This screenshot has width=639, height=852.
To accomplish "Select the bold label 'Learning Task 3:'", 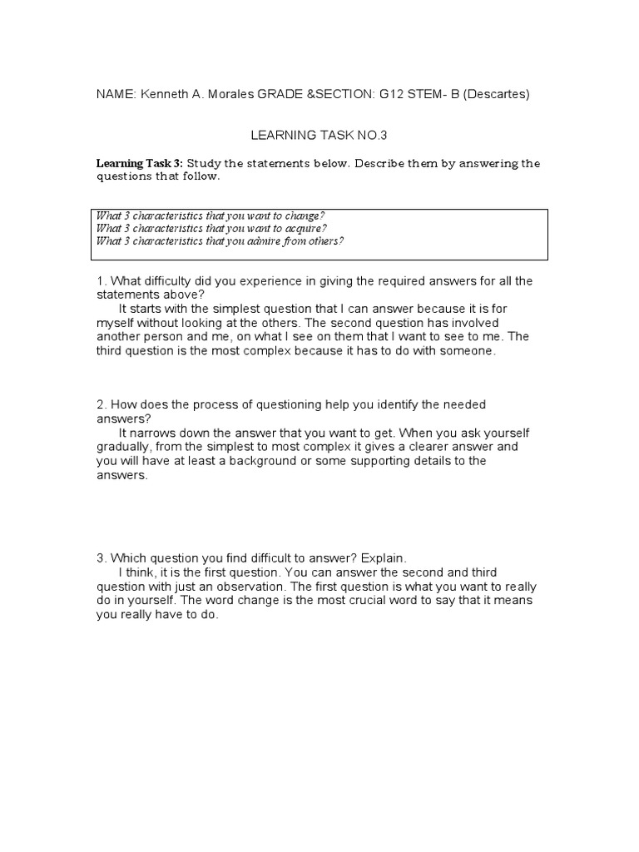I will point(140,163).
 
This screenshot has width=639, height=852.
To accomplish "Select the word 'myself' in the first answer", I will point(116,323).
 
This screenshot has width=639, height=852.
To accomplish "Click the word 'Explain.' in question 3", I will point(384,558).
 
